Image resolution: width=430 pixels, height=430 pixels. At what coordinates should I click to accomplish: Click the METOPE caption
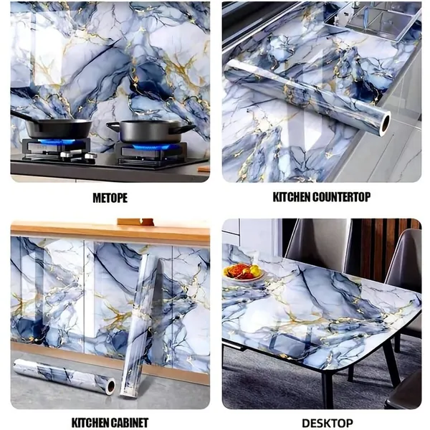tap(110, 198)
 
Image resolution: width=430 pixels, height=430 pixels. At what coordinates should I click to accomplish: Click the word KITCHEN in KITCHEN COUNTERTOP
tap(292, 197)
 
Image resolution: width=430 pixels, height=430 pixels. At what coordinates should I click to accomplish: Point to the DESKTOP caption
tap(328, 423)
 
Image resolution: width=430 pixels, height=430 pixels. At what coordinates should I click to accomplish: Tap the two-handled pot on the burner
tap(150, 131)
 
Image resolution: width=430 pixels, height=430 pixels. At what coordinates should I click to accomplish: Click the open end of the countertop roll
tap(386, 121)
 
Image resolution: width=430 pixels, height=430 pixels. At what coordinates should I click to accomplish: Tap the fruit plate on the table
tap(244, 272)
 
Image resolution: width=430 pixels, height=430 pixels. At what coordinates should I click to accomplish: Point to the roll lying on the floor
tap(64, 376)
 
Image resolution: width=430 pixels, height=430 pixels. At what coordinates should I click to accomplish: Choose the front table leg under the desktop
tap(328, 387)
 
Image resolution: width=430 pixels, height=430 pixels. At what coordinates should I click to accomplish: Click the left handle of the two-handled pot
tap(113, 126)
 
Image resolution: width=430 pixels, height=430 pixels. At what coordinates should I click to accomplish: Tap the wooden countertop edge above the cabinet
tap(110, 231)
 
